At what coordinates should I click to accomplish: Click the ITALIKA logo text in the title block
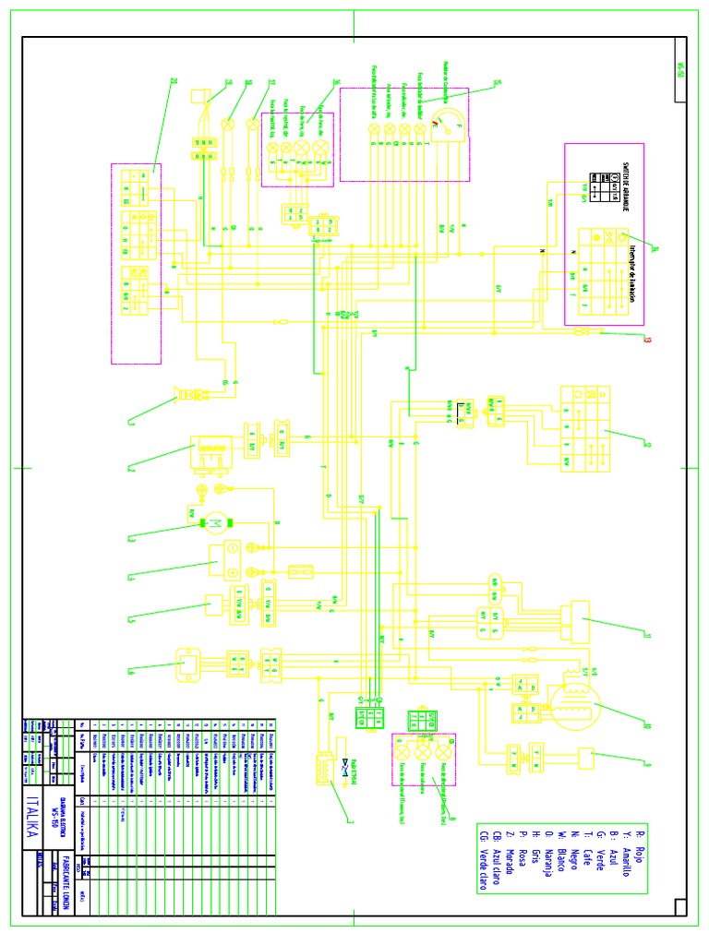pos(34,816)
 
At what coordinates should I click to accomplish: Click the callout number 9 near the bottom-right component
pos(646,761)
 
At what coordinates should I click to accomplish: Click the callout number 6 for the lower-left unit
pos(132,670)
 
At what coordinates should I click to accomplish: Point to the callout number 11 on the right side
pos(647,635)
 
